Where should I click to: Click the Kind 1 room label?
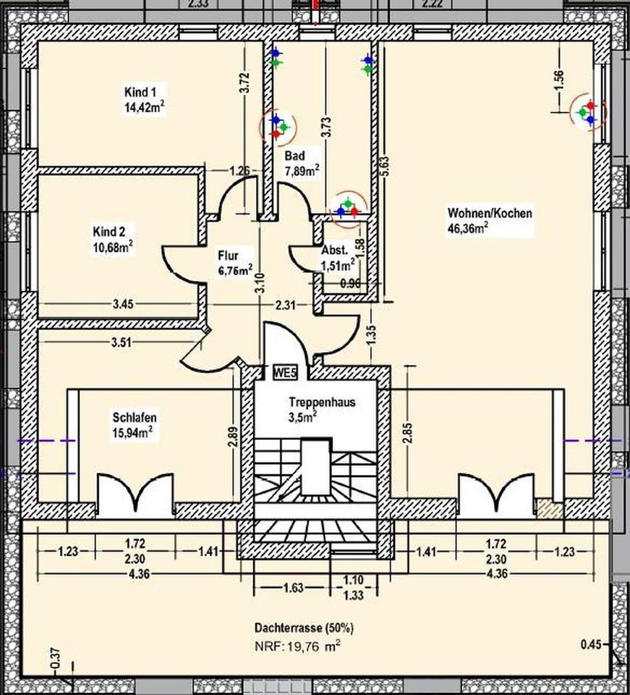pos(141,92)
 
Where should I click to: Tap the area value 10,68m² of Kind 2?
pos(112,246)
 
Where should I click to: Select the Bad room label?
pos(294,156)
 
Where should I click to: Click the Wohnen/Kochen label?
pos(490,214)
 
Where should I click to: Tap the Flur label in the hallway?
pos(228,256)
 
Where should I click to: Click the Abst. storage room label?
pos(334,251)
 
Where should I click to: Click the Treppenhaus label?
pos(321,402)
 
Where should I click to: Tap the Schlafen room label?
pos(135,418)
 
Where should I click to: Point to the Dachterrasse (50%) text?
pos(304,627)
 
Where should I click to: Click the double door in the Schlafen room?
pos(135,495)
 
